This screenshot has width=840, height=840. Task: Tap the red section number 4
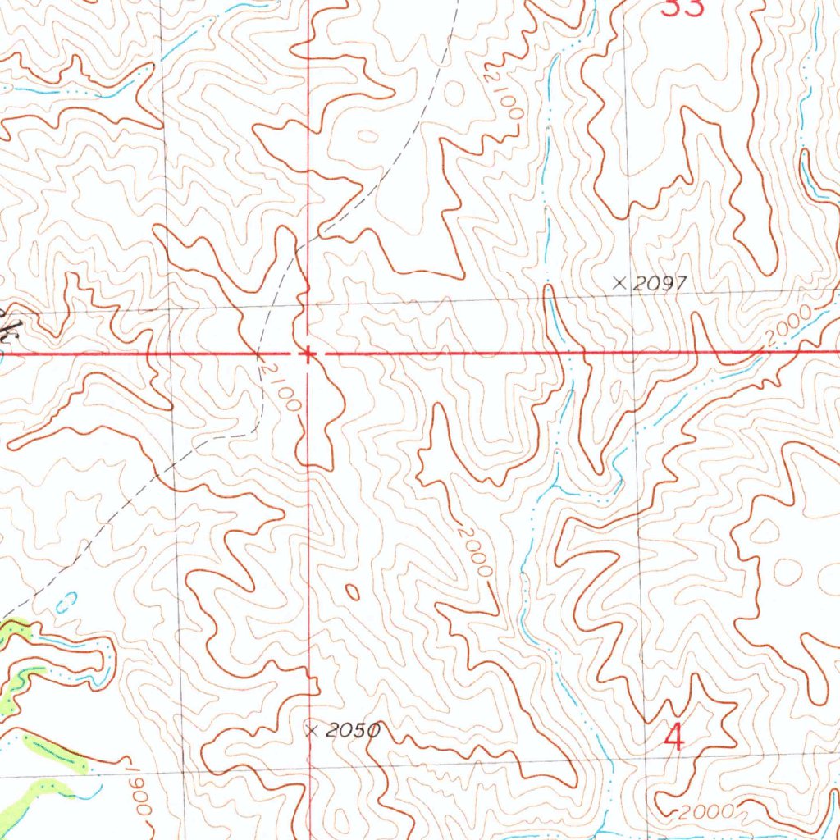[673, 737]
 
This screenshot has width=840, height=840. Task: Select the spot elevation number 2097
[659, 284]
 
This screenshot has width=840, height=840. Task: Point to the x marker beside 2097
[620, 283]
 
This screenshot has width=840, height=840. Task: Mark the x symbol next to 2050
[312, 729]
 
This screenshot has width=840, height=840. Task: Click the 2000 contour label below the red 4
[705, 813]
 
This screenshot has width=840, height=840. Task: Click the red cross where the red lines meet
[308, 354]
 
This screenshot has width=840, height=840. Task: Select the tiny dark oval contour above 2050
[353, 591]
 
